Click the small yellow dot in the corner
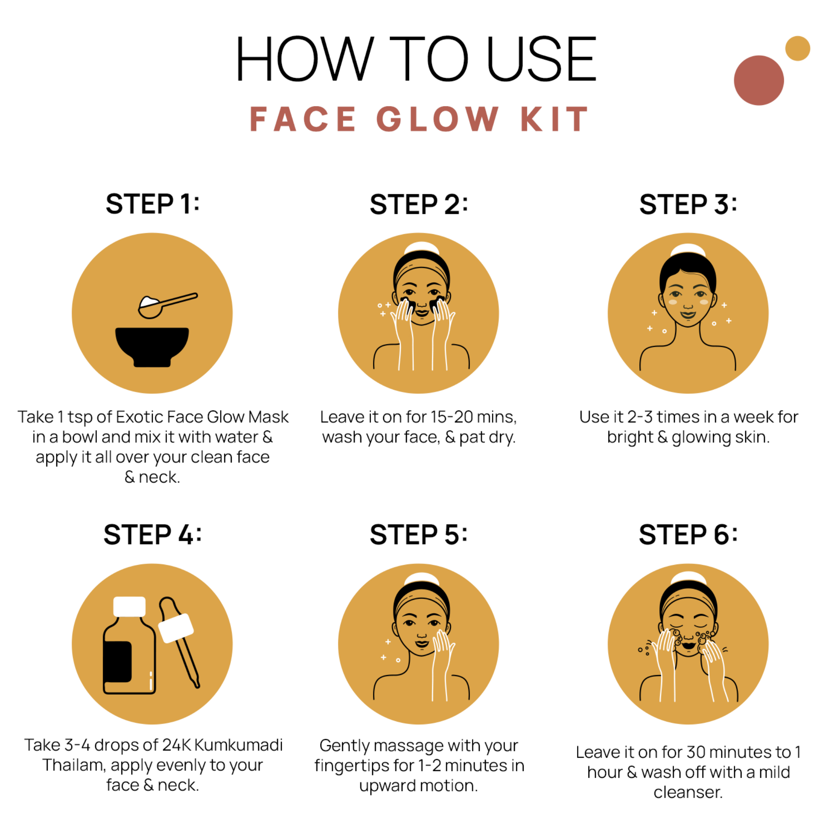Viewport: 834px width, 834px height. [797, 48]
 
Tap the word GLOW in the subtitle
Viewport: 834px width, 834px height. [437, 119]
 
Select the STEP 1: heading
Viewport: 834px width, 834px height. [153, 204]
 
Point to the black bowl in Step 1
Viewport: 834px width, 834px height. [152, 345]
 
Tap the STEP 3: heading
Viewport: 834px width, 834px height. [688, 204]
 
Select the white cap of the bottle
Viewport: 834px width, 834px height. [129, 606]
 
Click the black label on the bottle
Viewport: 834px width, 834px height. [117, 661]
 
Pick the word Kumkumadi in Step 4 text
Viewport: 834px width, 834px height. [238, 745]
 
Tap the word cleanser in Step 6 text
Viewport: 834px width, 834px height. [688, 792]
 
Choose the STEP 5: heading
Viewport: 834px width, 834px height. [418, 535]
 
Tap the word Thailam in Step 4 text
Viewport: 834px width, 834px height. [74, 765]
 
